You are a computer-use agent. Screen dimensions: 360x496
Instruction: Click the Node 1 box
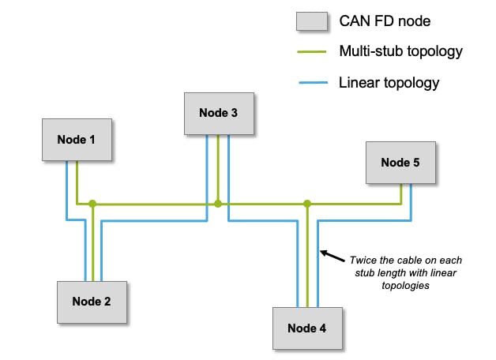point(76,140)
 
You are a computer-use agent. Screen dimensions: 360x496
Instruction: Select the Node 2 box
point(92,301)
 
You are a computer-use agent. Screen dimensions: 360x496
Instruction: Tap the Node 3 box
point(218,113)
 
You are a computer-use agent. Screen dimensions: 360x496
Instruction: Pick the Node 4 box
point(307,328)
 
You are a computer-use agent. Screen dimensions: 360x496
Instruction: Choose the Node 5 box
point(400,162)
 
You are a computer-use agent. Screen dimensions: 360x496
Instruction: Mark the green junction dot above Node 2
point(92,204)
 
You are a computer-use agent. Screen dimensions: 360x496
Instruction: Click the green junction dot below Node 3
point(218,204)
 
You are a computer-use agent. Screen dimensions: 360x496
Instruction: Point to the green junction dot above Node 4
point(307,204)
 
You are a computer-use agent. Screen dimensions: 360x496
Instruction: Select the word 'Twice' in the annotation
point(363,260)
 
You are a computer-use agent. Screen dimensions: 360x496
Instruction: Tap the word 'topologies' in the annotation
point(403,287)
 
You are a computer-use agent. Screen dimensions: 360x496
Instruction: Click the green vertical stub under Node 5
point(401,193)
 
